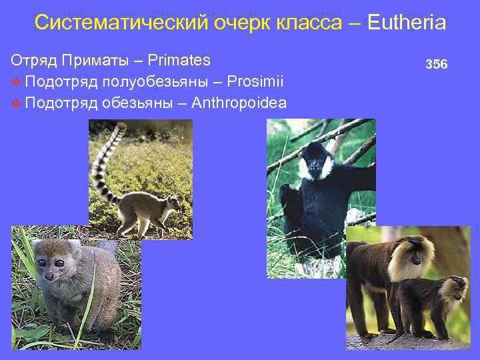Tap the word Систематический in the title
(x=121, y=23)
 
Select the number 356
(x=437, y=65)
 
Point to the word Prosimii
(x=255, y=81)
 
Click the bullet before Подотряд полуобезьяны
(x=16, y=82)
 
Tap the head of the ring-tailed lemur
(x=173, y=201)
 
